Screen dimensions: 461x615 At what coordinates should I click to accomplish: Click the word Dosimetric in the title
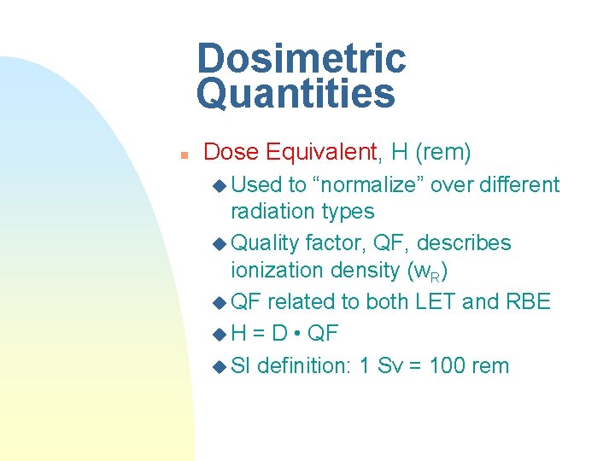click(x=301, y=58)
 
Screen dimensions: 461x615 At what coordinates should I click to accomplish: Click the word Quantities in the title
click(x=296, y=94)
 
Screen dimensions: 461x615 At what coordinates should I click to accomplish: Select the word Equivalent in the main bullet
click(x=321, y=153)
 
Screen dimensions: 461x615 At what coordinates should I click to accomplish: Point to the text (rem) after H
click(x=442, y=153)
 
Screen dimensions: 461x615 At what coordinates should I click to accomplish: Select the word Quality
click(x=264, y=243)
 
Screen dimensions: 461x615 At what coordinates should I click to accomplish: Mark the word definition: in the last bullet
click(x=305, y=366)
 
